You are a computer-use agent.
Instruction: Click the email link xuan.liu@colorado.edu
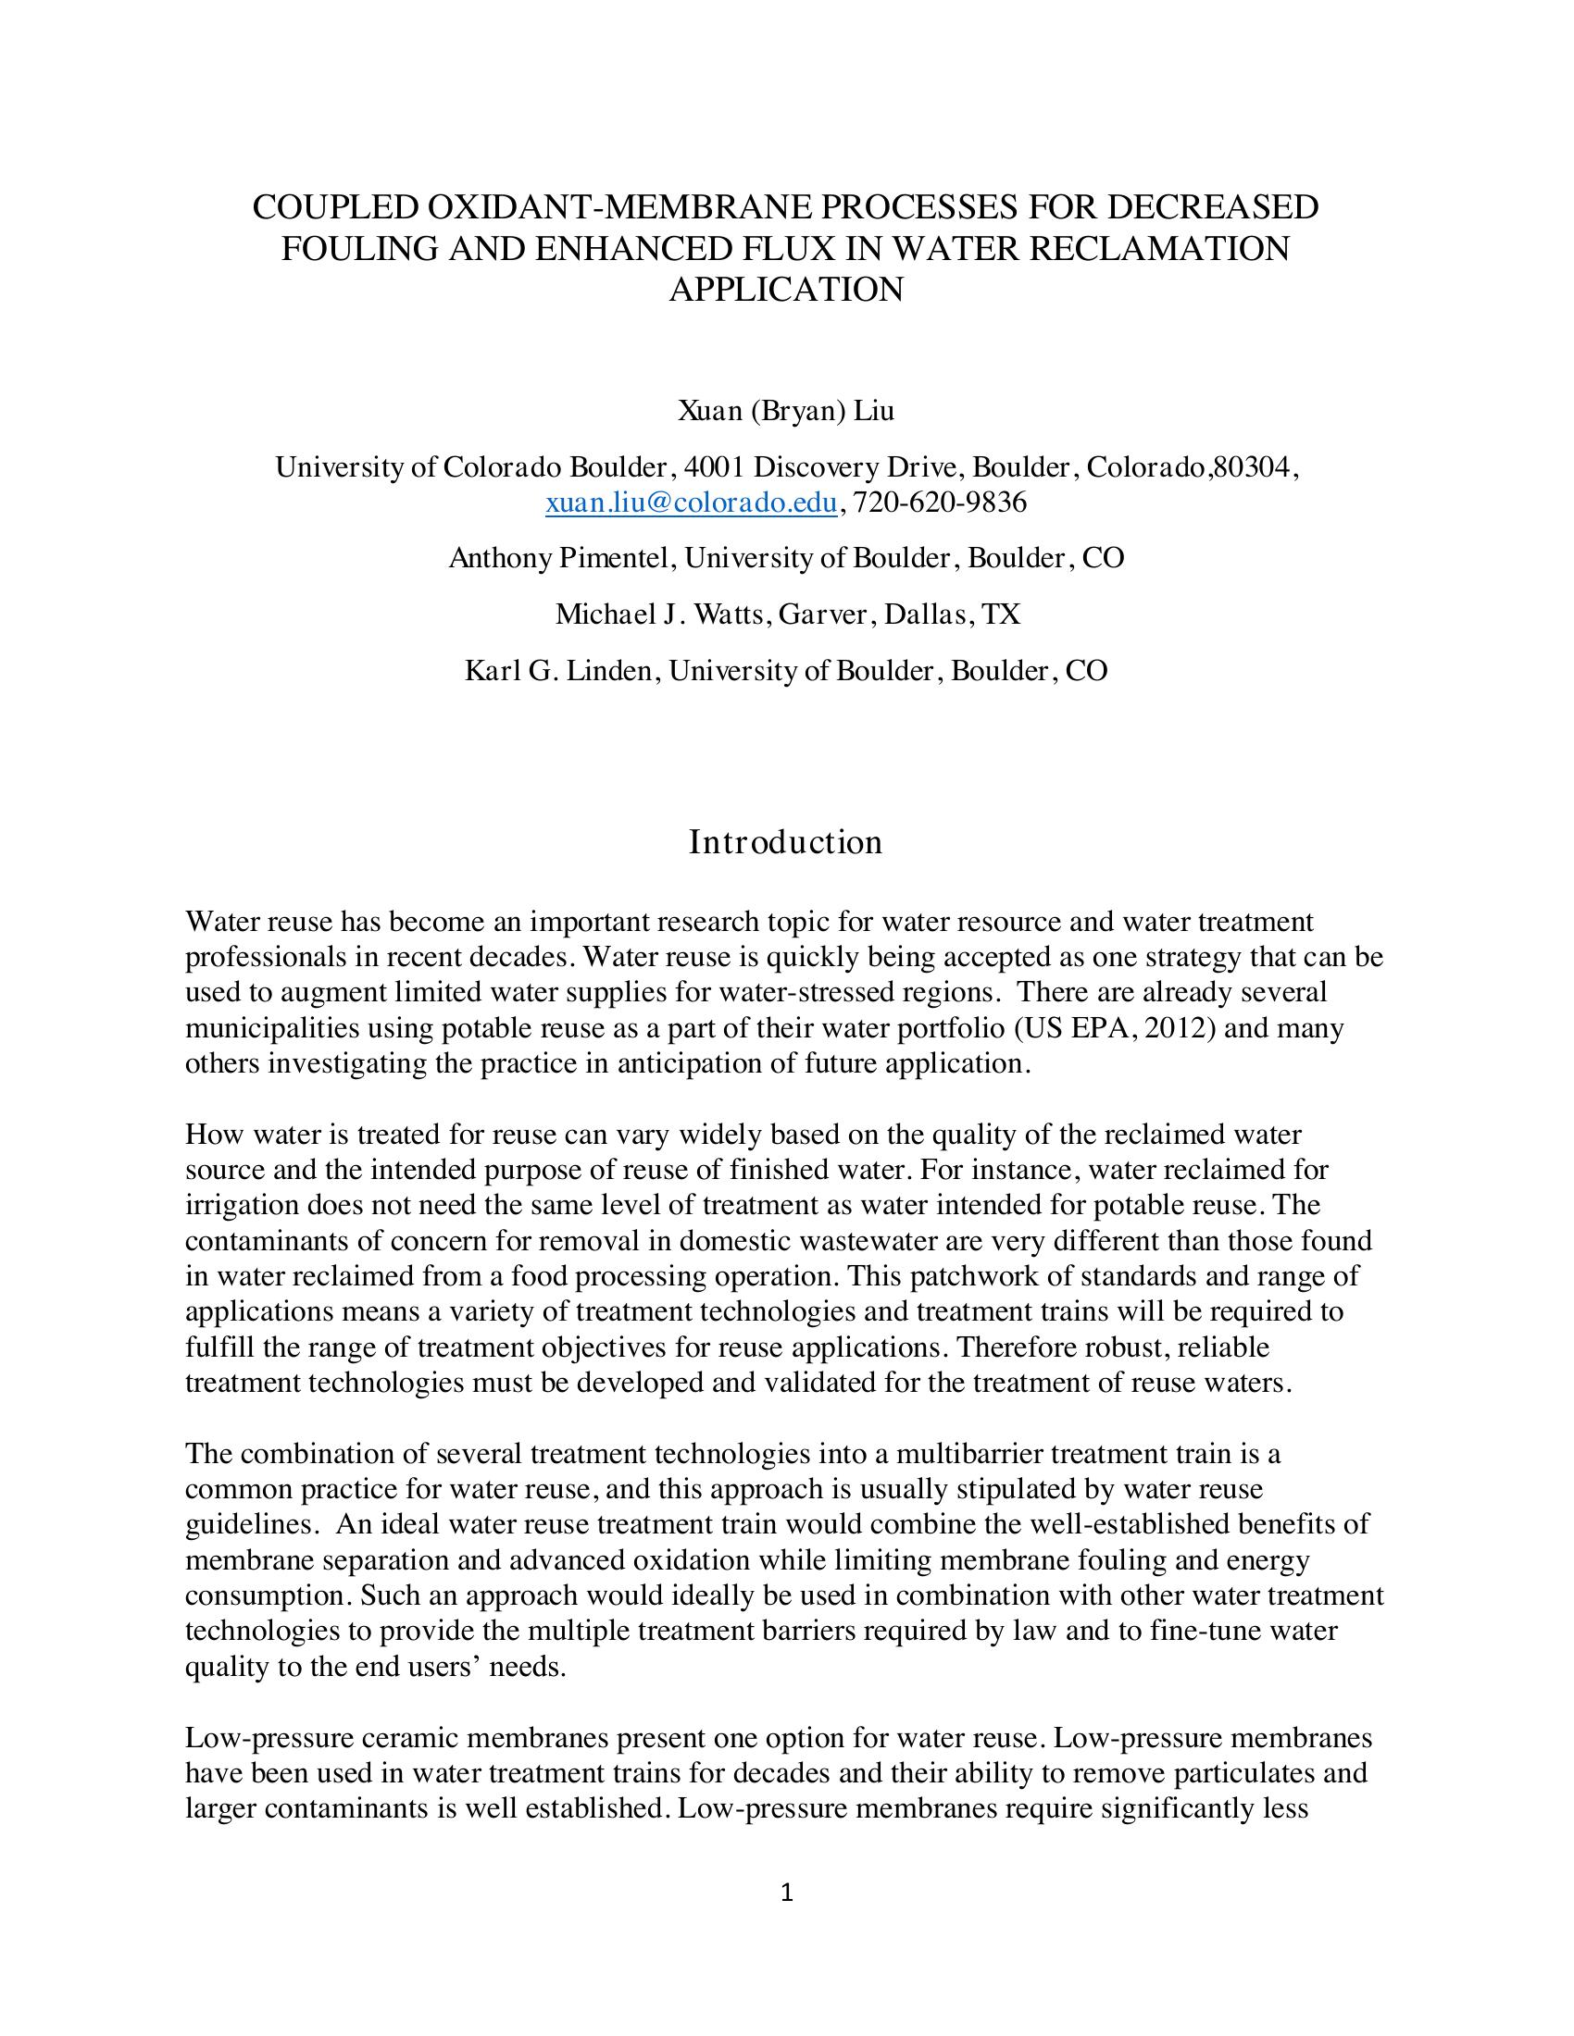click(x=690, y=503)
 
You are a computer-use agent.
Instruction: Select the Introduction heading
click(x=785, y=842)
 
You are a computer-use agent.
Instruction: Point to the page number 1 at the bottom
click(x=786, y=1893)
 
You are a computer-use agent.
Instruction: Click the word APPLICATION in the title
click(x=786, y=290)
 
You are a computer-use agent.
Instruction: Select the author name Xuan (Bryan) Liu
click(x=786, y=410)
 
